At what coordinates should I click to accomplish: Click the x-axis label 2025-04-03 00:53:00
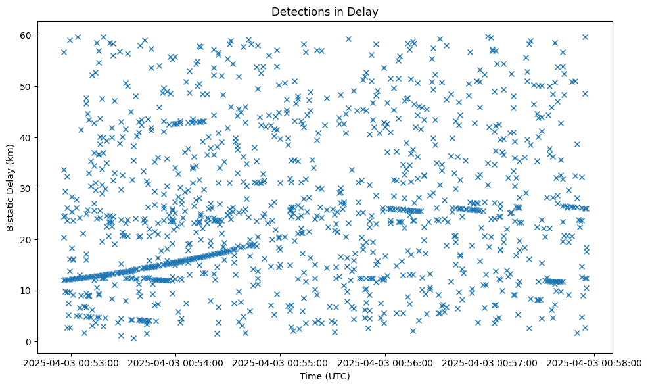coord(72,362)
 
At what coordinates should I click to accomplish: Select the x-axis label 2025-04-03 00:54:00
coord(176,362)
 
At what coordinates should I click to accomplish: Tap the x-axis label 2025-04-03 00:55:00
coord(281,362)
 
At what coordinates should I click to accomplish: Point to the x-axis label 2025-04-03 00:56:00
coord(386,362)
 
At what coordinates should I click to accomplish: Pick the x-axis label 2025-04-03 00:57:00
coord(490,362)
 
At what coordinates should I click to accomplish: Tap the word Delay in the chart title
coord(365,11)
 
